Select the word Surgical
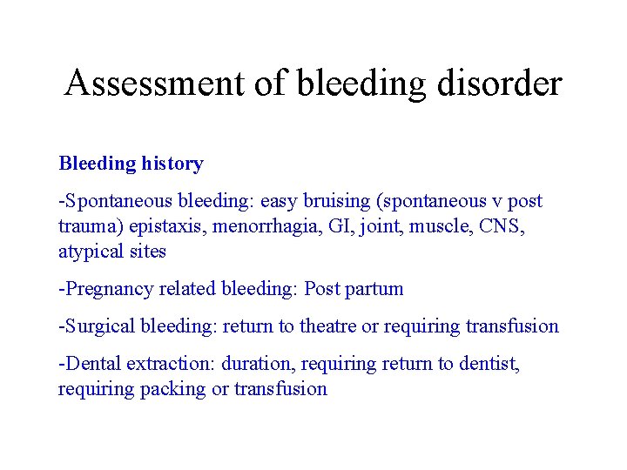click(98, 326)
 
